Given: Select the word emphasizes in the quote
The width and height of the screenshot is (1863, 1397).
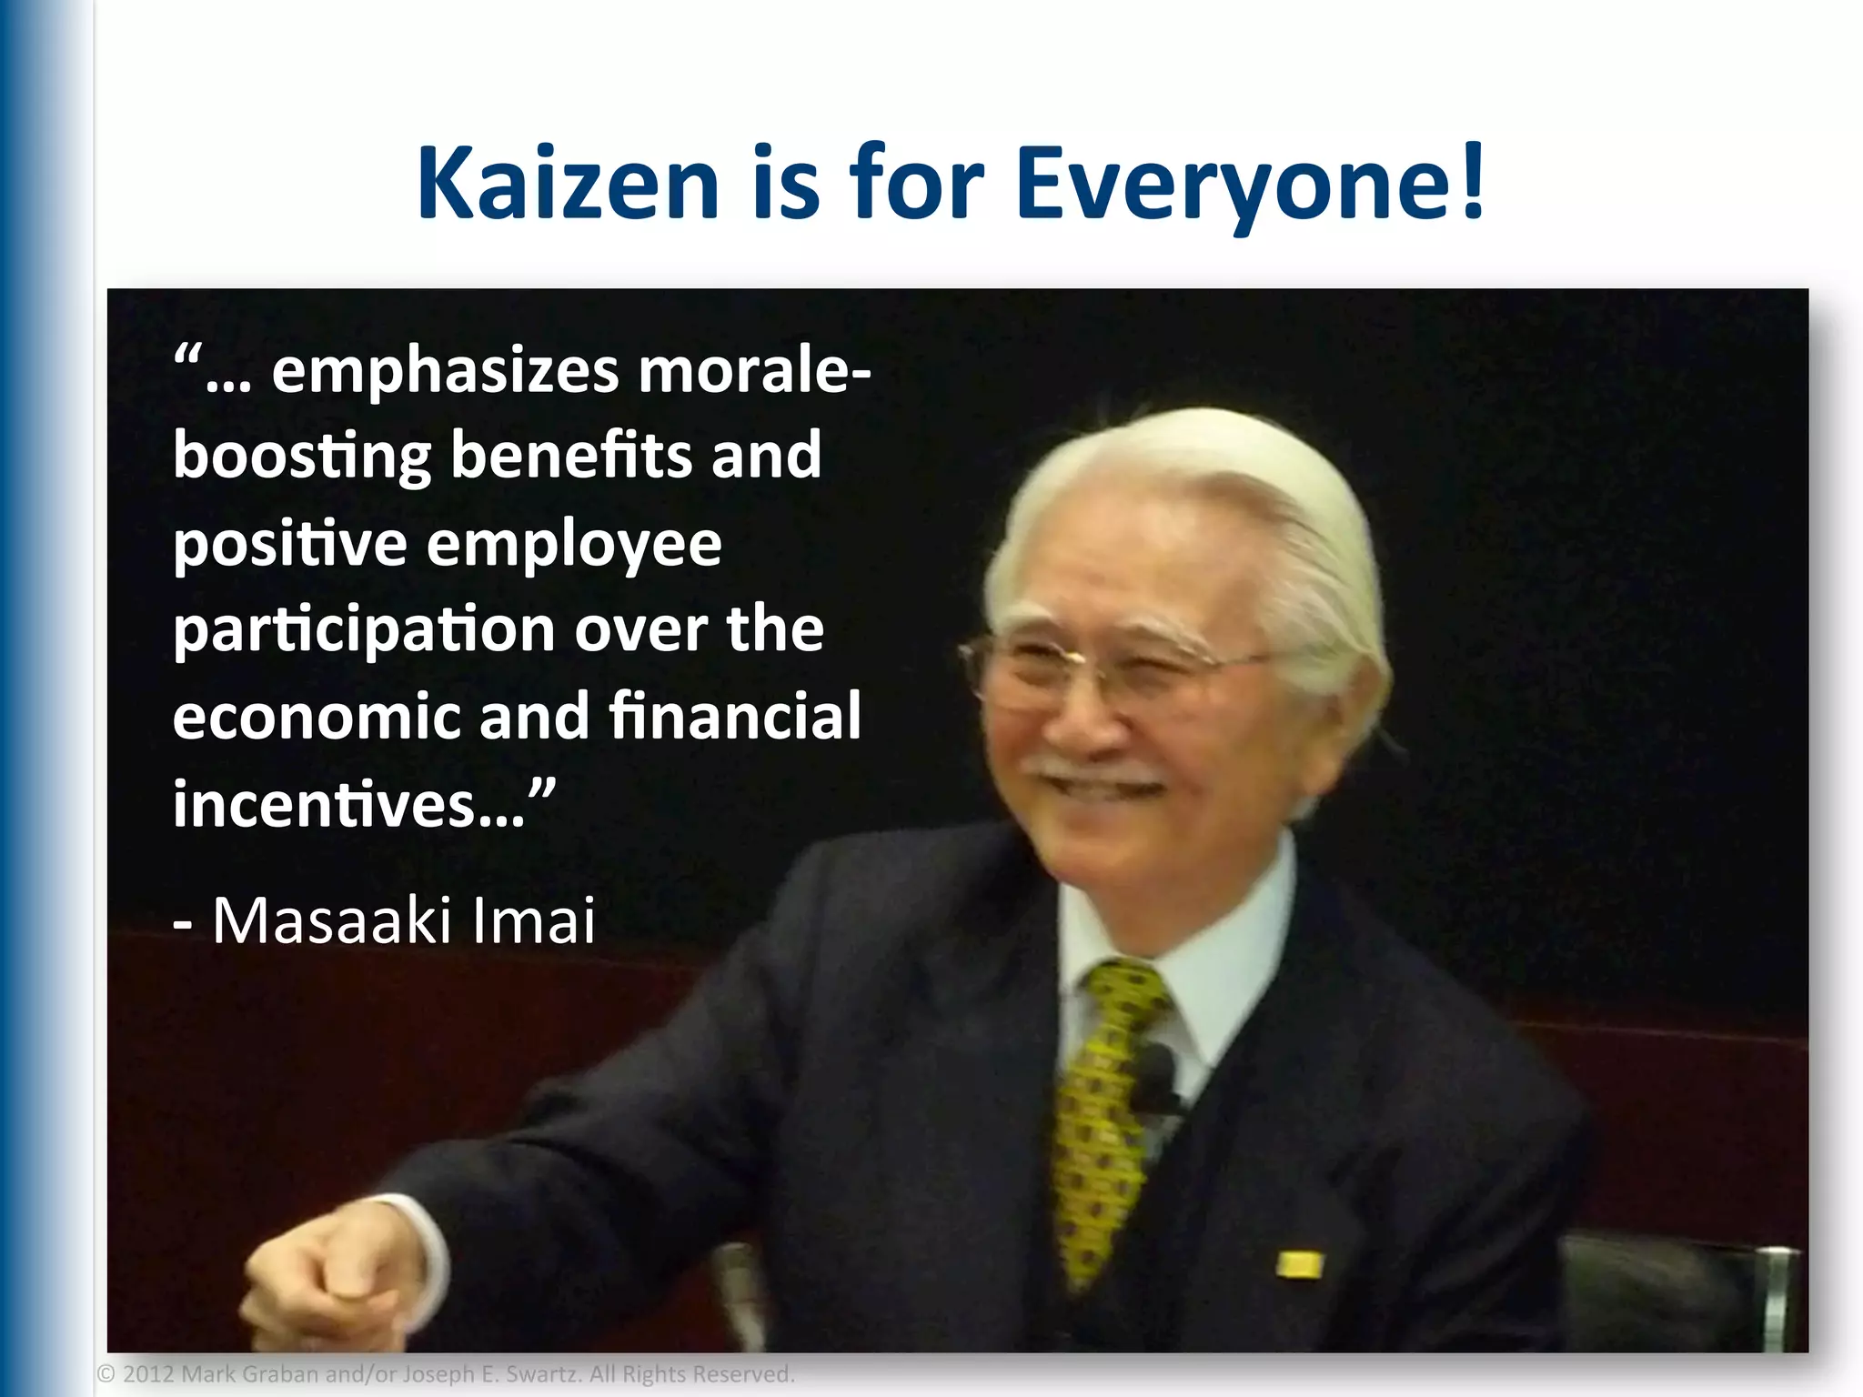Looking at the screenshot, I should (446, 372).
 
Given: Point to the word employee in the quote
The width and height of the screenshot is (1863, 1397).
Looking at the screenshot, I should (574, 545).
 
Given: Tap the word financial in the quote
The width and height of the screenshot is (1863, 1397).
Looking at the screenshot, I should (735, 716).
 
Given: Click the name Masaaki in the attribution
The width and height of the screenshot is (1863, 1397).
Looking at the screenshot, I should (332, 920).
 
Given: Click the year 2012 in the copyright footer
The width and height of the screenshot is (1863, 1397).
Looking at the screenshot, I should (147, 1374).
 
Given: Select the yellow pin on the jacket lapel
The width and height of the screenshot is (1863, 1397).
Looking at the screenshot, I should (1299, 1264).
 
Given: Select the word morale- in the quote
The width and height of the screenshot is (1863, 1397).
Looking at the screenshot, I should (754, 372).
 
